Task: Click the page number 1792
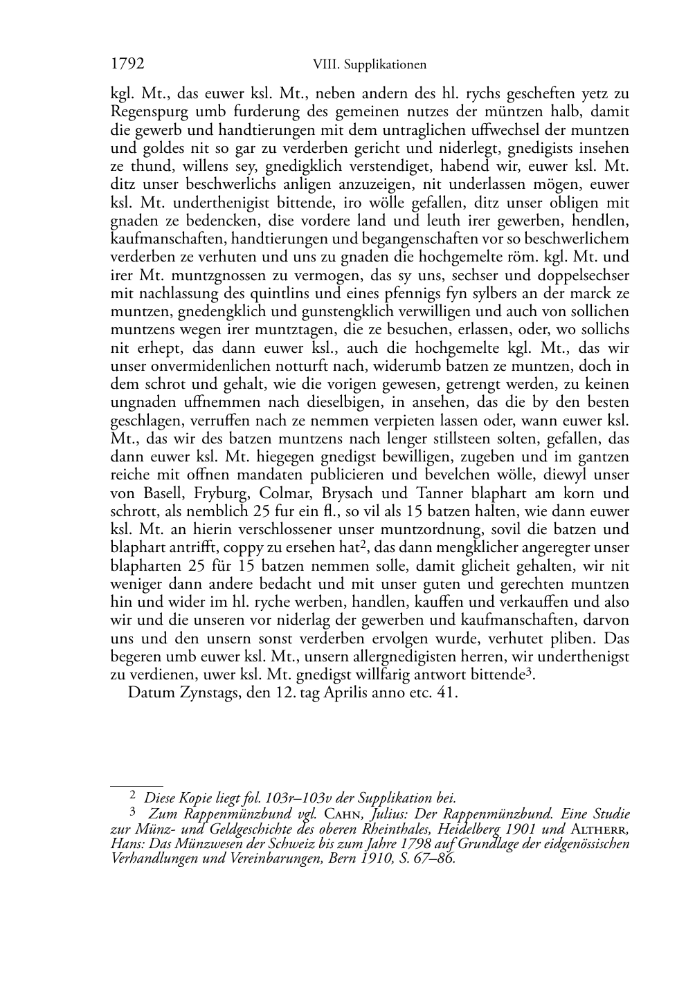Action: tap(127, 64)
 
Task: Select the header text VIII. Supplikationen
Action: tap(369, 65)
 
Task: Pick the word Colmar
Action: tap(291, 494)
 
